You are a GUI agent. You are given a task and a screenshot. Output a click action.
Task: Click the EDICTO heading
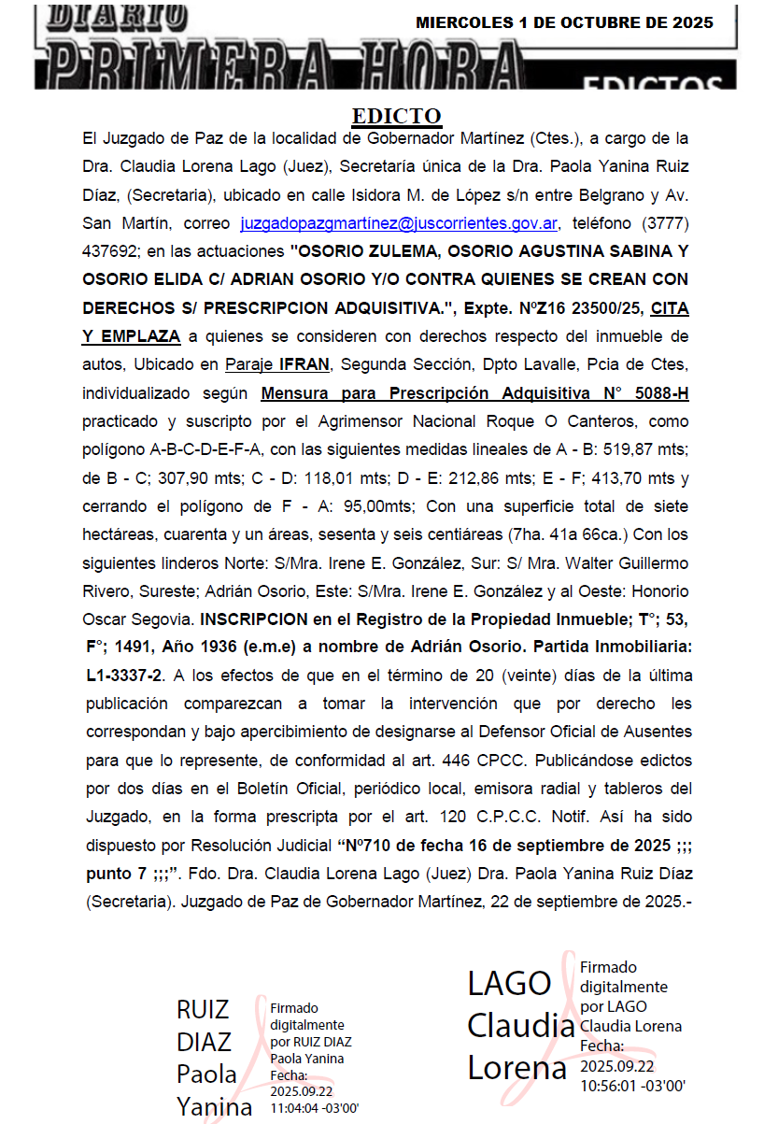tap(396, 116)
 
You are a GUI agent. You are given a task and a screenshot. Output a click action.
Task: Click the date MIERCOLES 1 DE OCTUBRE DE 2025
tap(564, 22)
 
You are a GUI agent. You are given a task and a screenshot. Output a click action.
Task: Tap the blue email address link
tap(399, 224)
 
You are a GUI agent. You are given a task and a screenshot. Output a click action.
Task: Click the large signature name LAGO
tap(510, 983)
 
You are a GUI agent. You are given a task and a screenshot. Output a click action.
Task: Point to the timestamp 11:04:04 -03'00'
tap(314, 1108)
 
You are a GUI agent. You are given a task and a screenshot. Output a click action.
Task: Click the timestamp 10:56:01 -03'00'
tap(632, 1086)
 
